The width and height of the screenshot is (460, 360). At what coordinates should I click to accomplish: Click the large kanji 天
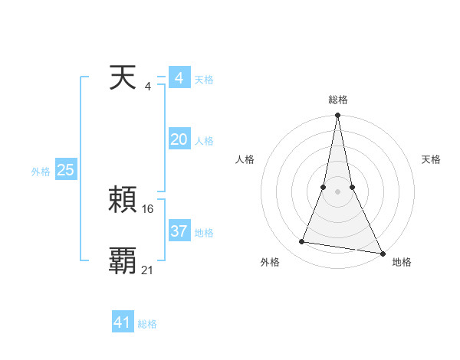(123, 78)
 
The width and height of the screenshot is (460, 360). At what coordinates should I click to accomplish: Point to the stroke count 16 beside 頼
(148, 208)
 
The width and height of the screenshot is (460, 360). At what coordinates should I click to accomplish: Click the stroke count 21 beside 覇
(148, 270)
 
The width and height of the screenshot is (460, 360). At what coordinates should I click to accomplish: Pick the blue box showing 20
(179, 139)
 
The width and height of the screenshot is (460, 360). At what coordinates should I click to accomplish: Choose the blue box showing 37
(179, 231)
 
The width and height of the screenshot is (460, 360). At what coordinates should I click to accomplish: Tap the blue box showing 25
(65, 170)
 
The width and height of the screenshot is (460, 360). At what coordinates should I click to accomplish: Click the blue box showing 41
(123, 322)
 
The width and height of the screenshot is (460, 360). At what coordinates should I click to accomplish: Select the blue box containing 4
(179, 78)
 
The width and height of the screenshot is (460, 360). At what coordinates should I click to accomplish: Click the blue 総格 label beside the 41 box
(147, 324)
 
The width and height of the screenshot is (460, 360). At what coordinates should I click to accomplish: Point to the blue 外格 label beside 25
(41, 172)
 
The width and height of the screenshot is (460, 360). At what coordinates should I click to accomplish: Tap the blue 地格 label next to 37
(204, 233)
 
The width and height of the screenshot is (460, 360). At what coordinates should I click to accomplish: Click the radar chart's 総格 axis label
(338, 100)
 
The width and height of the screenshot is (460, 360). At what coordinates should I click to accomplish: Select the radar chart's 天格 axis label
(432, 159)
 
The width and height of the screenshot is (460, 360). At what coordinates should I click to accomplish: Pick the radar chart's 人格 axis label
(245, 159)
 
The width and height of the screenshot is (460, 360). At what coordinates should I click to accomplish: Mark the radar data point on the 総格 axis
(338, 116)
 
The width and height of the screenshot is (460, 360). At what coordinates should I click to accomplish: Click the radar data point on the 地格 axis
(382, 253)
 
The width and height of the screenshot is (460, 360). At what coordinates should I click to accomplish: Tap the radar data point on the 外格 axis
(302, 242)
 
